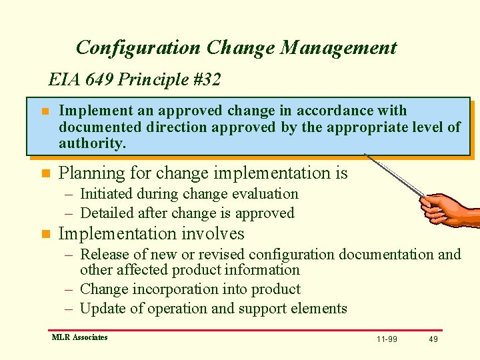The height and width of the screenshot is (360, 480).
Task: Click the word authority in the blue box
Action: coord(91,143)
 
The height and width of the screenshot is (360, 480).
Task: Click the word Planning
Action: coord(92,173)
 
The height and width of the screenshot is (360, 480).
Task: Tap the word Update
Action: coord(101,309)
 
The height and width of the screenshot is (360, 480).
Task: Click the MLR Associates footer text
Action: coord(79,337)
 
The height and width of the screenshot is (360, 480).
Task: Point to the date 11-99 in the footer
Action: coord(387,339)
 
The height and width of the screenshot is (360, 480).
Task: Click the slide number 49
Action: coord(433,339)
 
